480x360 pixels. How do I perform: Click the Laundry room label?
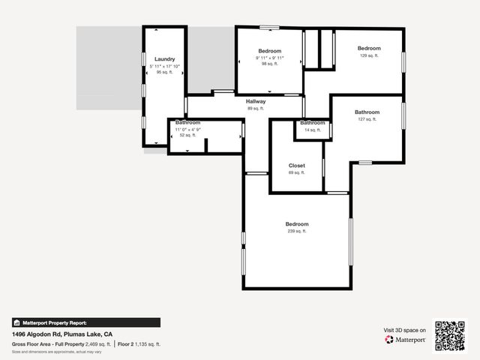coord(165,59)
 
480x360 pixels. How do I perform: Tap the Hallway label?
coord(256,101)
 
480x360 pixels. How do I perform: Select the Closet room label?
coord(296,166)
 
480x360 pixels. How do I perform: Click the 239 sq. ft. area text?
coord(296,231)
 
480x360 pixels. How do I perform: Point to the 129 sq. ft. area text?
coord(368,55)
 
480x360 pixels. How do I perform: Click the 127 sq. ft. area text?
coord(367,119)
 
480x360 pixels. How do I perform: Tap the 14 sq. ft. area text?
coord(312,130)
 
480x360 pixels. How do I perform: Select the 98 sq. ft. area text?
coord(270,64)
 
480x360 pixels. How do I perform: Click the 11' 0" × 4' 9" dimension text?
coord(187,129)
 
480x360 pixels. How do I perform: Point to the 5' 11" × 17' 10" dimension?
coord(165,66)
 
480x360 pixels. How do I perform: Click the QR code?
coord(450,336)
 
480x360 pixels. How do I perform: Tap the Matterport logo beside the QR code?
coord(406,340)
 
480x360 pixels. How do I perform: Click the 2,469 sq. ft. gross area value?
coord(97,343)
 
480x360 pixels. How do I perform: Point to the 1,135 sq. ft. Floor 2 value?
coord(148,343)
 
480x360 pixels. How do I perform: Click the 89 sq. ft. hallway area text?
coord(256,108)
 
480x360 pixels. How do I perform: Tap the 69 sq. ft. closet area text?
coord(296,172)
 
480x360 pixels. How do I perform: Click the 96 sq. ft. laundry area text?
coord(165,72)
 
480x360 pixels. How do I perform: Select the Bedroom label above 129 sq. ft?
coord(368,49)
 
